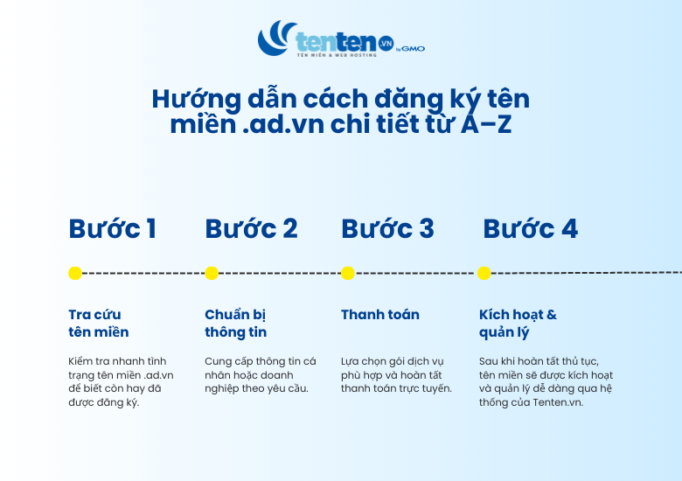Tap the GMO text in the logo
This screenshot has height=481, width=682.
tap(414, 49)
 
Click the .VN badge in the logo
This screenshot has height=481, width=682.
tap(386, 42)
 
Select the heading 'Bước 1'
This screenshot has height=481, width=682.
tap(112, 229)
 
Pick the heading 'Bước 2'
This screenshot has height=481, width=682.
tap(251, 229)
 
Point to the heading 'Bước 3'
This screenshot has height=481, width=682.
tap(387, 229)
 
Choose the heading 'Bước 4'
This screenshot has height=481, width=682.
tap(530, 229)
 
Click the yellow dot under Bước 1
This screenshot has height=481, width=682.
tap(75, 273)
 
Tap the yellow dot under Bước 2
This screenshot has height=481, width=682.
tap(212, 273)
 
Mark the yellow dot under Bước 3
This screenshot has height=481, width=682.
tap(348, 273)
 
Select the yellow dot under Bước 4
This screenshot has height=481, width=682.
tap(484, 273)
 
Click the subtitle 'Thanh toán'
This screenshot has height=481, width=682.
tap(380, 315)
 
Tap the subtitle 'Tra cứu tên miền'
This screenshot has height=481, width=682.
tap(98, 324)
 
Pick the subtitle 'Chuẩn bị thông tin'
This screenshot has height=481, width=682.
tap(236, 324)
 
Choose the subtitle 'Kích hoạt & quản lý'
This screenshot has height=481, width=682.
tap(518, 324)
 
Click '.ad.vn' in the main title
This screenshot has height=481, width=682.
tap(277, 124)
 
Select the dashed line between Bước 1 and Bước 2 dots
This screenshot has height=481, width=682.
tap(143, 273)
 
